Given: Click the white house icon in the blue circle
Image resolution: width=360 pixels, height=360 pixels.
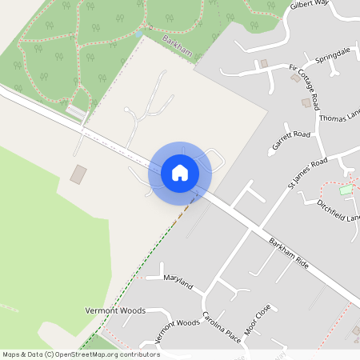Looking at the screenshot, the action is [x=180, y=172].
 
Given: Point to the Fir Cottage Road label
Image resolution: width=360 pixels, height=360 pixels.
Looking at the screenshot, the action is [x=310, y=90].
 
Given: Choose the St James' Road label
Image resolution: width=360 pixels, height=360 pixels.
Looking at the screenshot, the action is [x=307, y=174].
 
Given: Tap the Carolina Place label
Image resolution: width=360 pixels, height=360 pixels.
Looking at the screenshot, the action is [x=221, y=327].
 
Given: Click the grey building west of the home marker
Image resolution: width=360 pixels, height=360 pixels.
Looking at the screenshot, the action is [x=78, y=174].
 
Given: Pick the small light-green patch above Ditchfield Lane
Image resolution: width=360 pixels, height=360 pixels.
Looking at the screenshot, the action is [x=346, y=190].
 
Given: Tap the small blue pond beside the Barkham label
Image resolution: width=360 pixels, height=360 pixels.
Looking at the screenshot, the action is [x=142, y=34].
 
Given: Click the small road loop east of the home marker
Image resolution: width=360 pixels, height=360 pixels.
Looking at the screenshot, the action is [x=214, y=158].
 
